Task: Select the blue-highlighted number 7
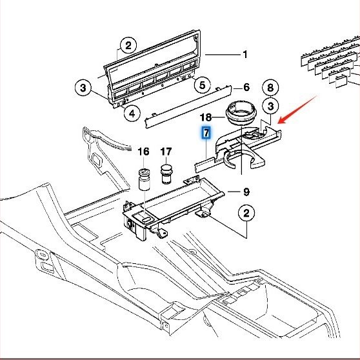206,134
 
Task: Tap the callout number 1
245,55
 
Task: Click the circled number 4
132,115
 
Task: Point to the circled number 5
201,85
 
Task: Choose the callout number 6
246,87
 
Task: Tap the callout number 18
206,117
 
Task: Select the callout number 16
143,152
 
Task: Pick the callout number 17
166,152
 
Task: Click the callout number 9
246,192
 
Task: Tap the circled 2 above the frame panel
128,45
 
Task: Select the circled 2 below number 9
246,213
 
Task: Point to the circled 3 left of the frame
83,87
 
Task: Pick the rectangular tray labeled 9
174,200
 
